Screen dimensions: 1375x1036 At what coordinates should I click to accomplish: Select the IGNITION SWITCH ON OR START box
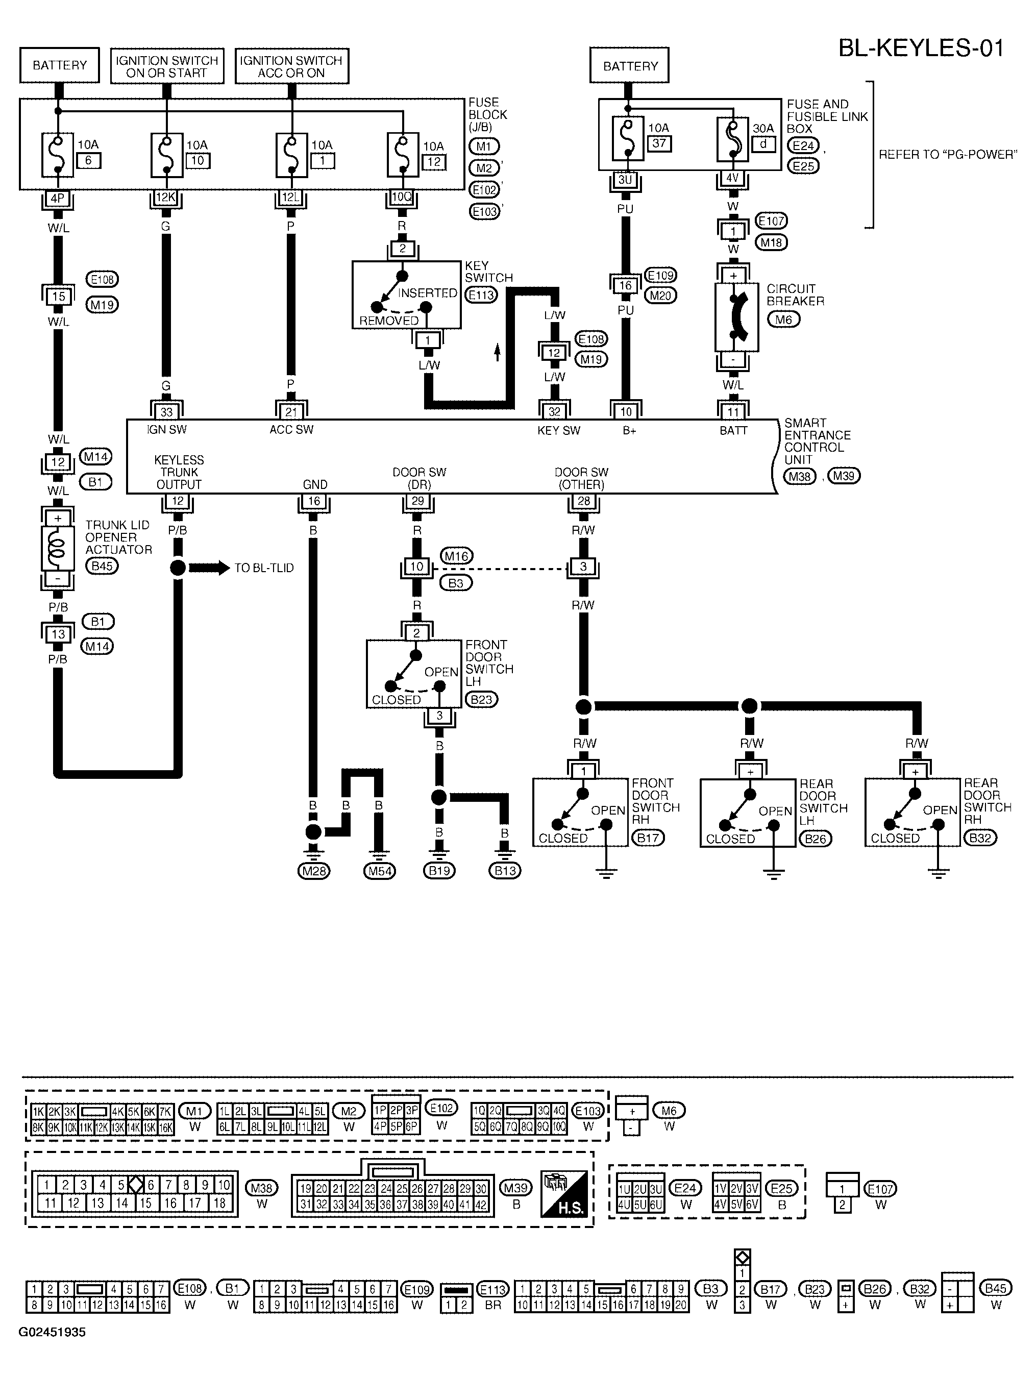click(166, 66)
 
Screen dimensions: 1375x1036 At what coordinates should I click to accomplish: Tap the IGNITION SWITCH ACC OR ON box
click(291, 66)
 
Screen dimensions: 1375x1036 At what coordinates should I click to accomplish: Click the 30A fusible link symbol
click(734, 140)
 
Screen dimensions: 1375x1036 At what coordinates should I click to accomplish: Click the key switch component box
click(406, 294)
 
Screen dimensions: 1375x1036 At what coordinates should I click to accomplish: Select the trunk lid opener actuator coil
click(57, 548)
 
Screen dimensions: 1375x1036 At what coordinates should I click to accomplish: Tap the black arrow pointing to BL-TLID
click(209, 568)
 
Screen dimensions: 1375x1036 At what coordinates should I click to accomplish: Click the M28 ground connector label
click(314, 871)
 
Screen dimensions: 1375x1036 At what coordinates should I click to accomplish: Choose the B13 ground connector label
click(505, 871)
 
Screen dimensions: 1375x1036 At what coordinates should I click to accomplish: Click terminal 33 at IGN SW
click(166, 411)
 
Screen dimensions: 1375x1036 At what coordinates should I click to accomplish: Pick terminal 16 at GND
click(314, 502)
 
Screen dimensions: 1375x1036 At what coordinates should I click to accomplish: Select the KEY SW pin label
click(558, 430)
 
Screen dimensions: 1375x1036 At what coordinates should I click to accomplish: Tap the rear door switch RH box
click(912, 812)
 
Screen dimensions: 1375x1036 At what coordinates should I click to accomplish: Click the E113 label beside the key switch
click(482, 294)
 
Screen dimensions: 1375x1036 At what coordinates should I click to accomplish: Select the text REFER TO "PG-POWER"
click(947, 155)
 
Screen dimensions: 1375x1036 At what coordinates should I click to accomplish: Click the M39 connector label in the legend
click(516, 1188)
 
